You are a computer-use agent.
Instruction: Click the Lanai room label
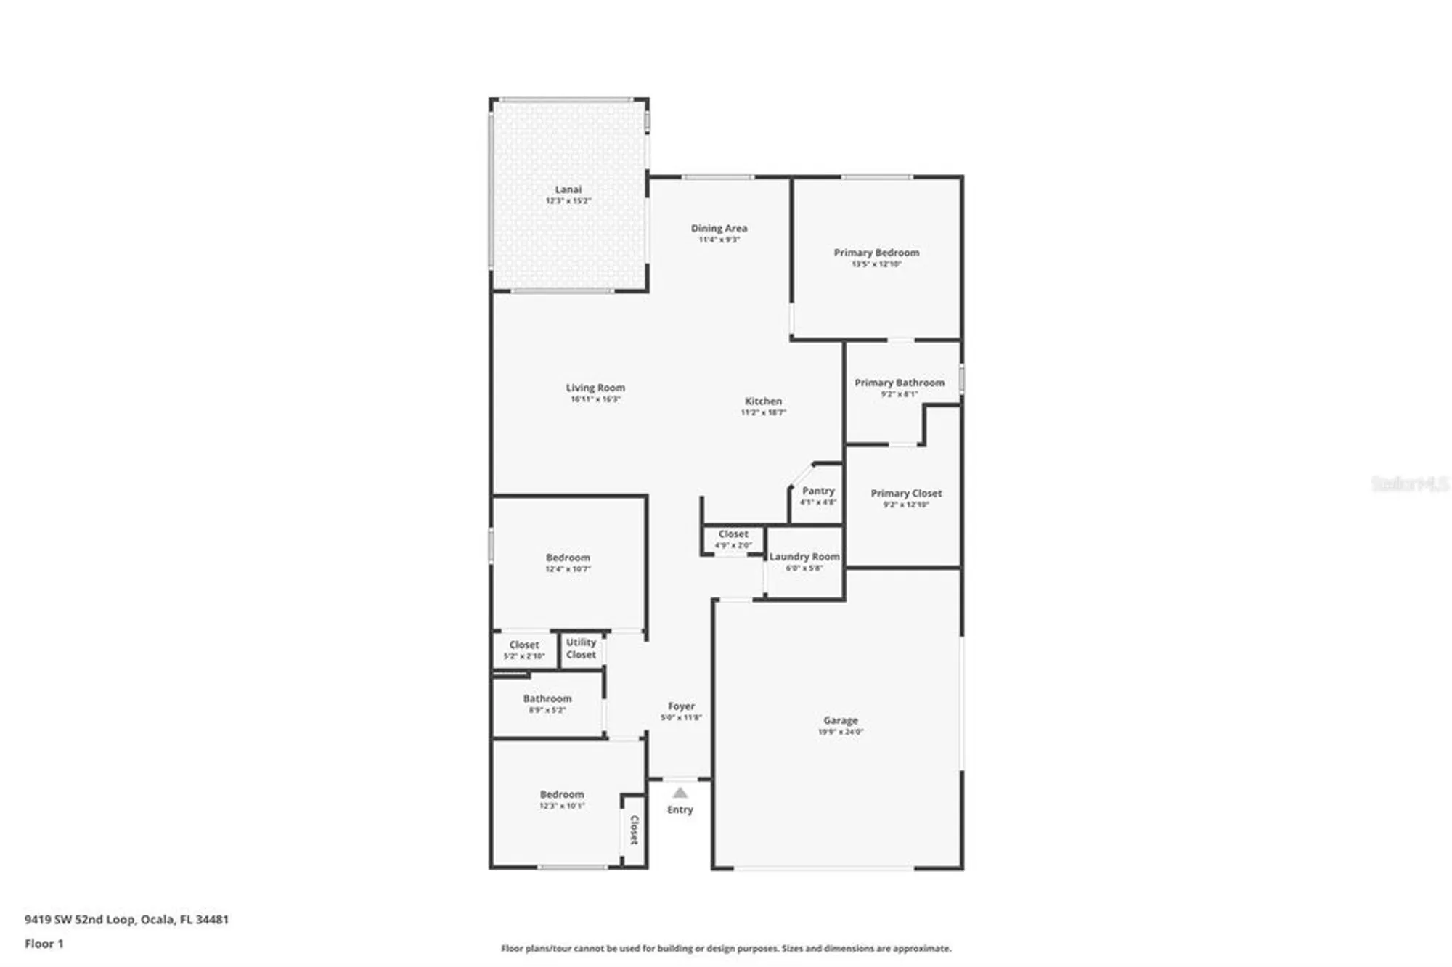[x=568, y=189]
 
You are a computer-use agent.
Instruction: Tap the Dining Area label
[x=719, y=228]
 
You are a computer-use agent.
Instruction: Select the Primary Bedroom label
[x=876, y=253]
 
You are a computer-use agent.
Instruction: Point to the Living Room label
[x=595, y=388]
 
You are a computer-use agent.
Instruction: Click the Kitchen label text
[x=763, y=401]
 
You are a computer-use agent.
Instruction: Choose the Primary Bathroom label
[x=900, y=383]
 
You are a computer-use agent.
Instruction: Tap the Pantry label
[x=818, y=491]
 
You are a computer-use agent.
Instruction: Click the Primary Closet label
[x=906, y=493]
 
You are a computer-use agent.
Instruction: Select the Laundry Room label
[x=804, y=557]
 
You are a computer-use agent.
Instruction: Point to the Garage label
[x=840, y=720]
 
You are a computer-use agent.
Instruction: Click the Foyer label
[x=681, y=706]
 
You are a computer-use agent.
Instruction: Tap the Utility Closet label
[x=581, y=648]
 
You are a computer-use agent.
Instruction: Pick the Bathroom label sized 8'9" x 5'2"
[x=547, y=698]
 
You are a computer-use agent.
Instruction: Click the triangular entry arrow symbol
[x=680, y=793]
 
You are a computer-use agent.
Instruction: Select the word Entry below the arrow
[x=680, y=809]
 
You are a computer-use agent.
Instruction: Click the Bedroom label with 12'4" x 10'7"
[x=568, y=558]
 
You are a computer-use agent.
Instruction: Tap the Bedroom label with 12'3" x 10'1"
[x=562, y=794]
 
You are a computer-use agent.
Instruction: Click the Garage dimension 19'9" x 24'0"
[x=840, y=732]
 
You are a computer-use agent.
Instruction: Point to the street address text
[x=126, y=919]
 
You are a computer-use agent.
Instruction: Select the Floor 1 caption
[x=44, y=944]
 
